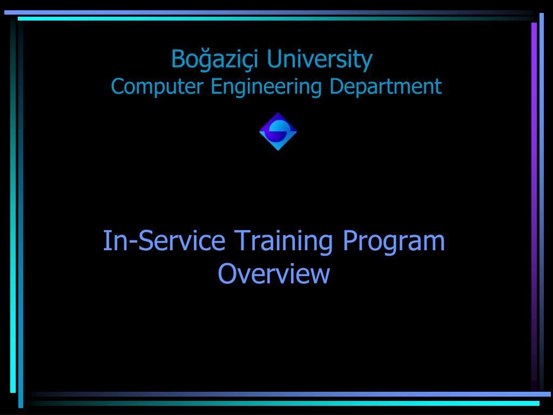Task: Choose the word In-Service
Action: (x=164, y=241)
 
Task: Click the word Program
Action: (x=394, y=241)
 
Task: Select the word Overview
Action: (x=274, y=273)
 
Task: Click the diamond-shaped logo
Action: (x=278, y=131)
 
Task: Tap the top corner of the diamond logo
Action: (x=278, y=113)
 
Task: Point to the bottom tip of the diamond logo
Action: (x=278, y=150)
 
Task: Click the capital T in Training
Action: (x=241, y=241)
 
